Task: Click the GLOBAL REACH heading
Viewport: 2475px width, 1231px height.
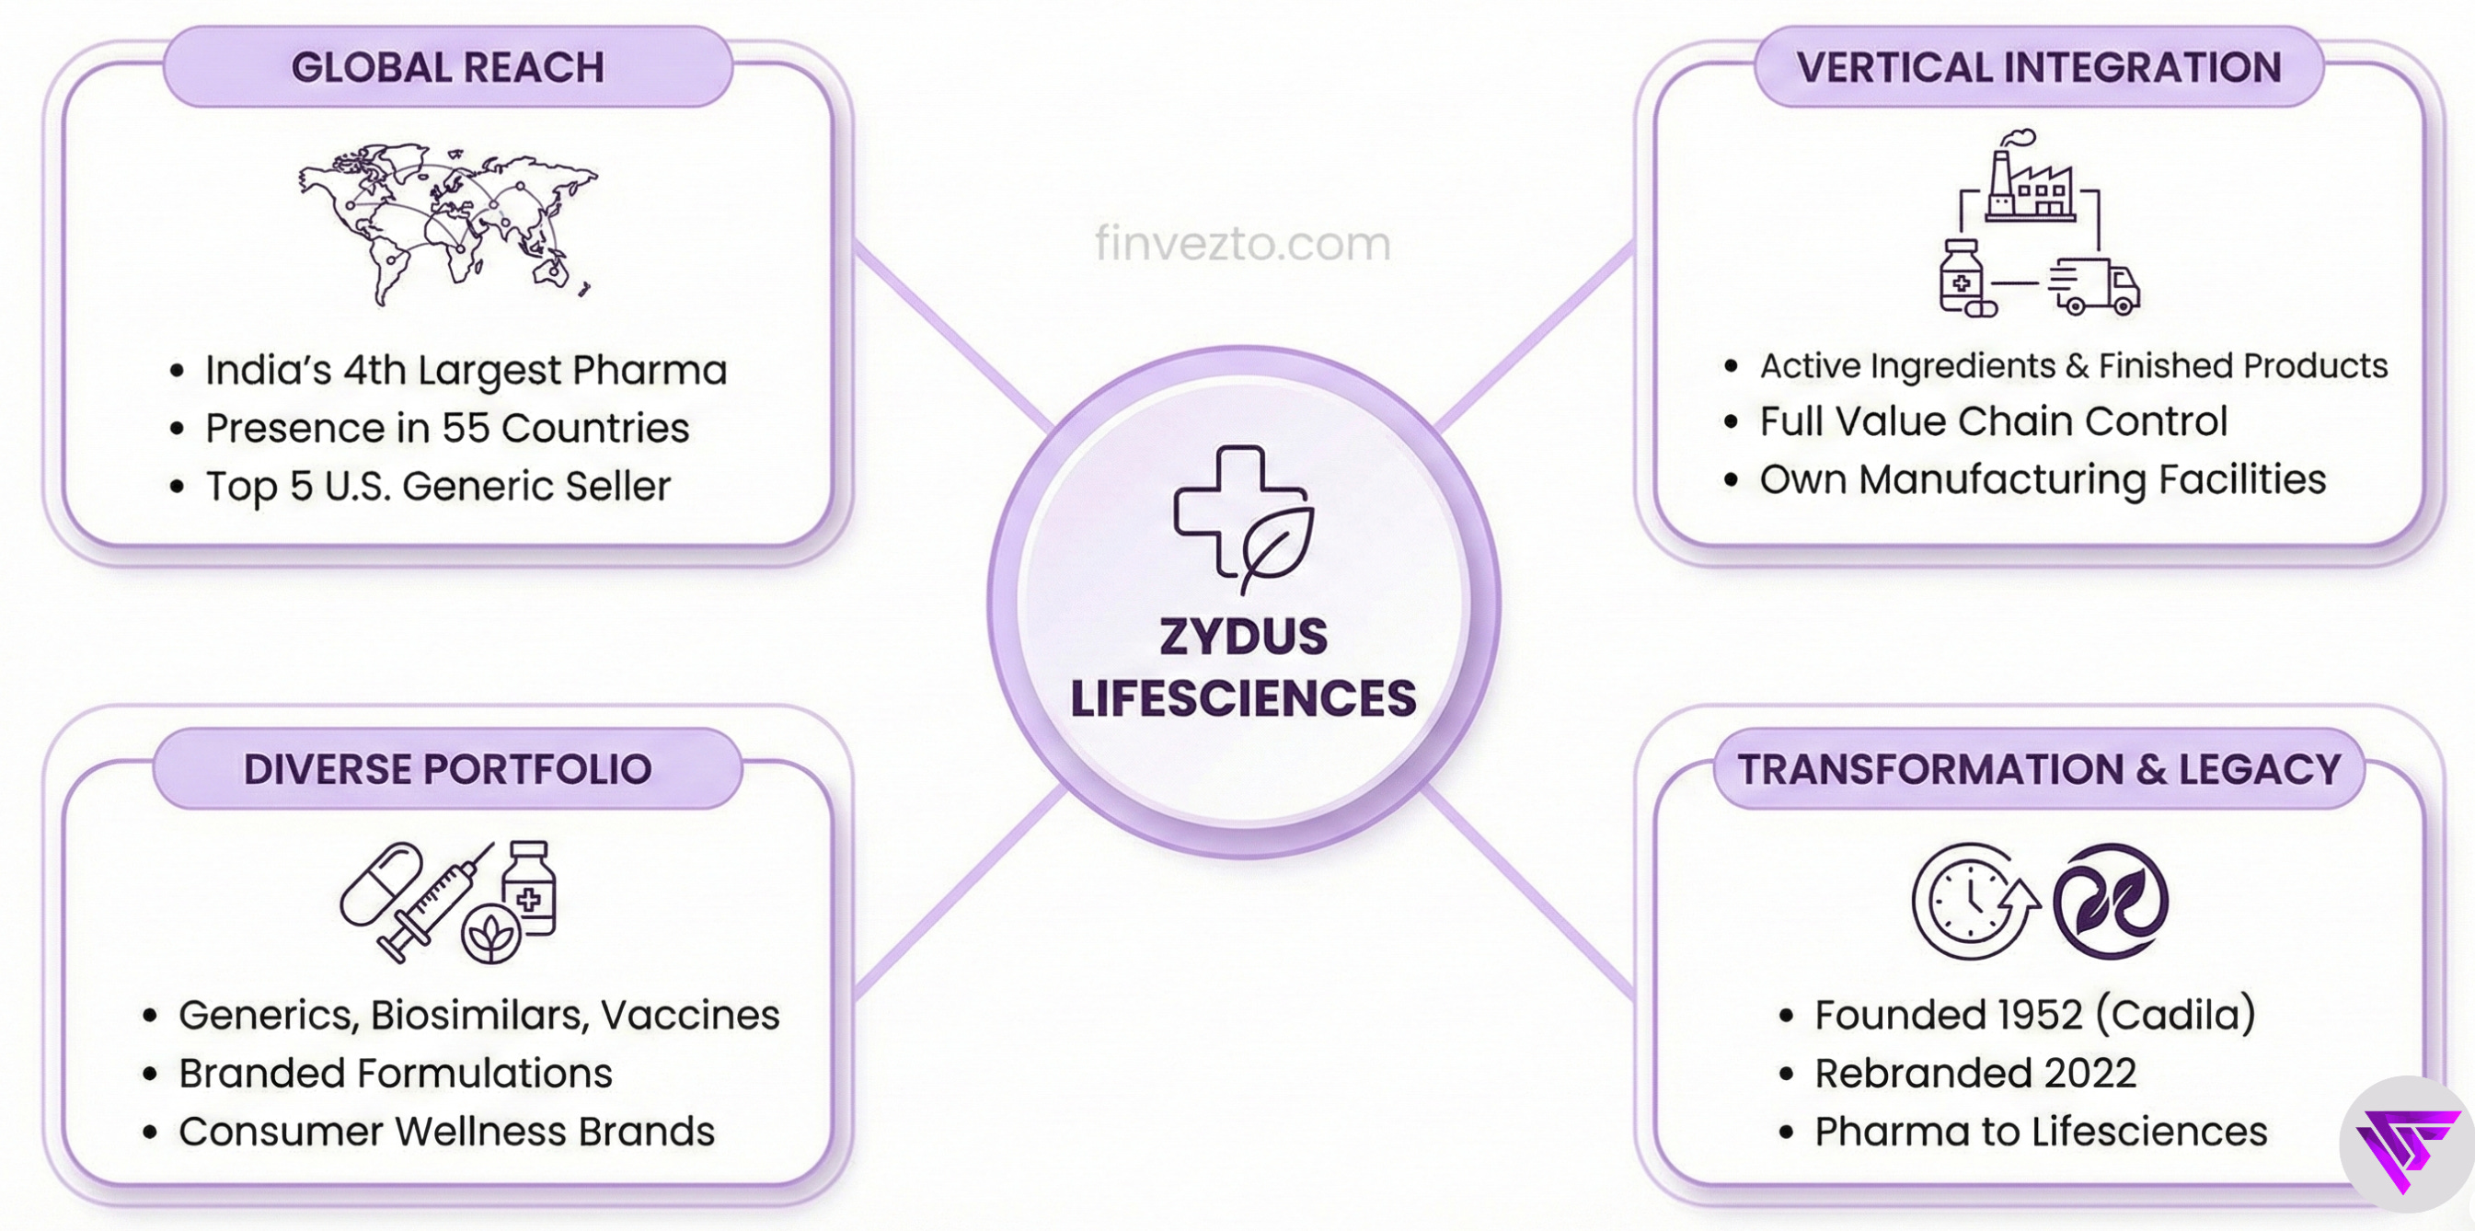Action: (x=448, y=67)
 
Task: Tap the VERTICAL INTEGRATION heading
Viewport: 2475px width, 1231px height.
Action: (x=2038, y=67)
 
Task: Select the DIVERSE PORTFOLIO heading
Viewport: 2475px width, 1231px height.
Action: (x=448, y=769)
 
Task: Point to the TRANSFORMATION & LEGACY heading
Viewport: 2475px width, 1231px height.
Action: (x=2039, y=769)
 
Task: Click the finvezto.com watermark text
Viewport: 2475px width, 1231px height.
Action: (x=1242, y=243)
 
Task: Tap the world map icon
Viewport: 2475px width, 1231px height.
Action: (x=448, y=223)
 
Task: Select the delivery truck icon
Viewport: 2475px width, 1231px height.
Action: (x=2094, y=286)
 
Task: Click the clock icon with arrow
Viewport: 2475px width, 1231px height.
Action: (x=1974, y=902)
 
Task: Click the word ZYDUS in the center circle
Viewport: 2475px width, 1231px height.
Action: (x=1243, y=638)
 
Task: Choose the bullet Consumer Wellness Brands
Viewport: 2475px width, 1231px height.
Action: (x=447, y=1132)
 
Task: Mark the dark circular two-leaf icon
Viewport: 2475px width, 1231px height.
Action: (x=2110, y=902)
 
